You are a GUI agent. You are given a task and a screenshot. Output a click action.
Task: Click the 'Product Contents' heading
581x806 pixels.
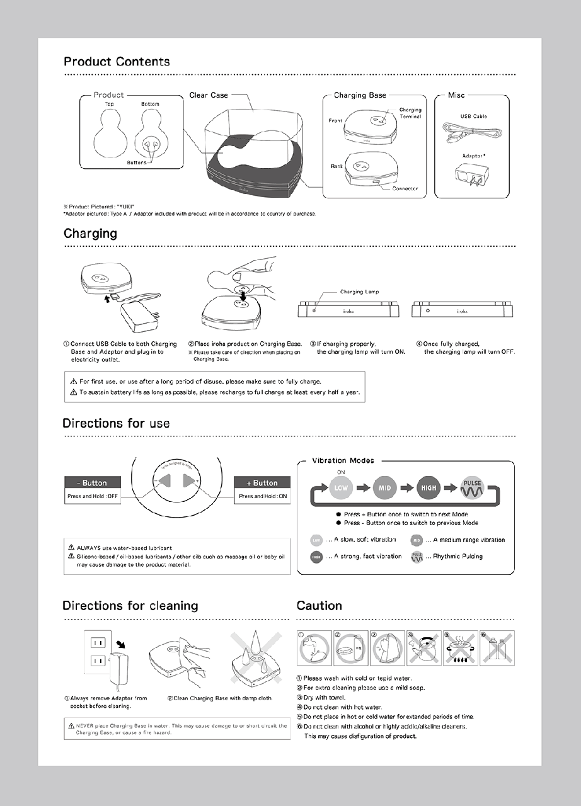(117, 62)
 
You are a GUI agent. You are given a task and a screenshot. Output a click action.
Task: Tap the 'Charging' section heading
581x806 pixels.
(90, 234)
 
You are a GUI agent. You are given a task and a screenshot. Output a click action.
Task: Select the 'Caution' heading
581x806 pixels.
(319, 606)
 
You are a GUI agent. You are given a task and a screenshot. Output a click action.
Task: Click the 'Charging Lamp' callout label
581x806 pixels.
(359, 292)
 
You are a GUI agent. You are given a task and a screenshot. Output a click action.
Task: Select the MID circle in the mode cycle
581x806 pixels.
(384, 487)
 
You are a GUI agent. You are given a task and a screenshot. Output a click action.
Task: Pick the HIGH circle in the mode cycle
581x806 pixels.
(429, 487)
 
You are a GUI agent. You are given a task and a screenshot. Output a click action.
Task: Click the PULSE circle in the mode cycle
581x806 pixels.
(473, 487)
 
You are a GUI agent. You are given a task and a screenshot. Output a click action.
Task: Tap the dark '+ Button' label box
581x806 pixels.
(262, 483)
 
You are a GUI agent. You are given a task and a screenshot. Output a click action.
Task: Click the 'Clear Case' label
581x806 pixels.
(209, 95)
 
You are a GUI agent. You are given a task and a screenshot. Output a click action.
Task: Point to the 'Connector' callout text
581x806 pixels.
(405, 189)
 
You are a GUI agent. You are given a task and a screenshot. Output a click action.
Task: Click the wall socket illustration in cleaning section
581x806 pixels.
(97, 652)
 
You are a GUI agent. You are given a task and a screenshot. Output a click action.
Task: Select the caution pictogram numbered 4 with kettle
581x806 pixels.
(421, 648)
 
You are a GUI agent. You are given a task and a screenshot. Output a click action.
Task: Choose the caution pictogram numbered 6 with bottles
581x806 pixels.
(493, 648)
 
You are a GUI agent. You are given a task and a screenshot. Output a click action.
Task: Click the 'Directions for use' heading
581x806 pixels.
(116, 423)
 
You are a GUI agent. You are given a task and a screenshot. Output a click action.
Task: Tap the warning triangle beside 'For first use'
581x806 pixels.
(73, 382)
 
